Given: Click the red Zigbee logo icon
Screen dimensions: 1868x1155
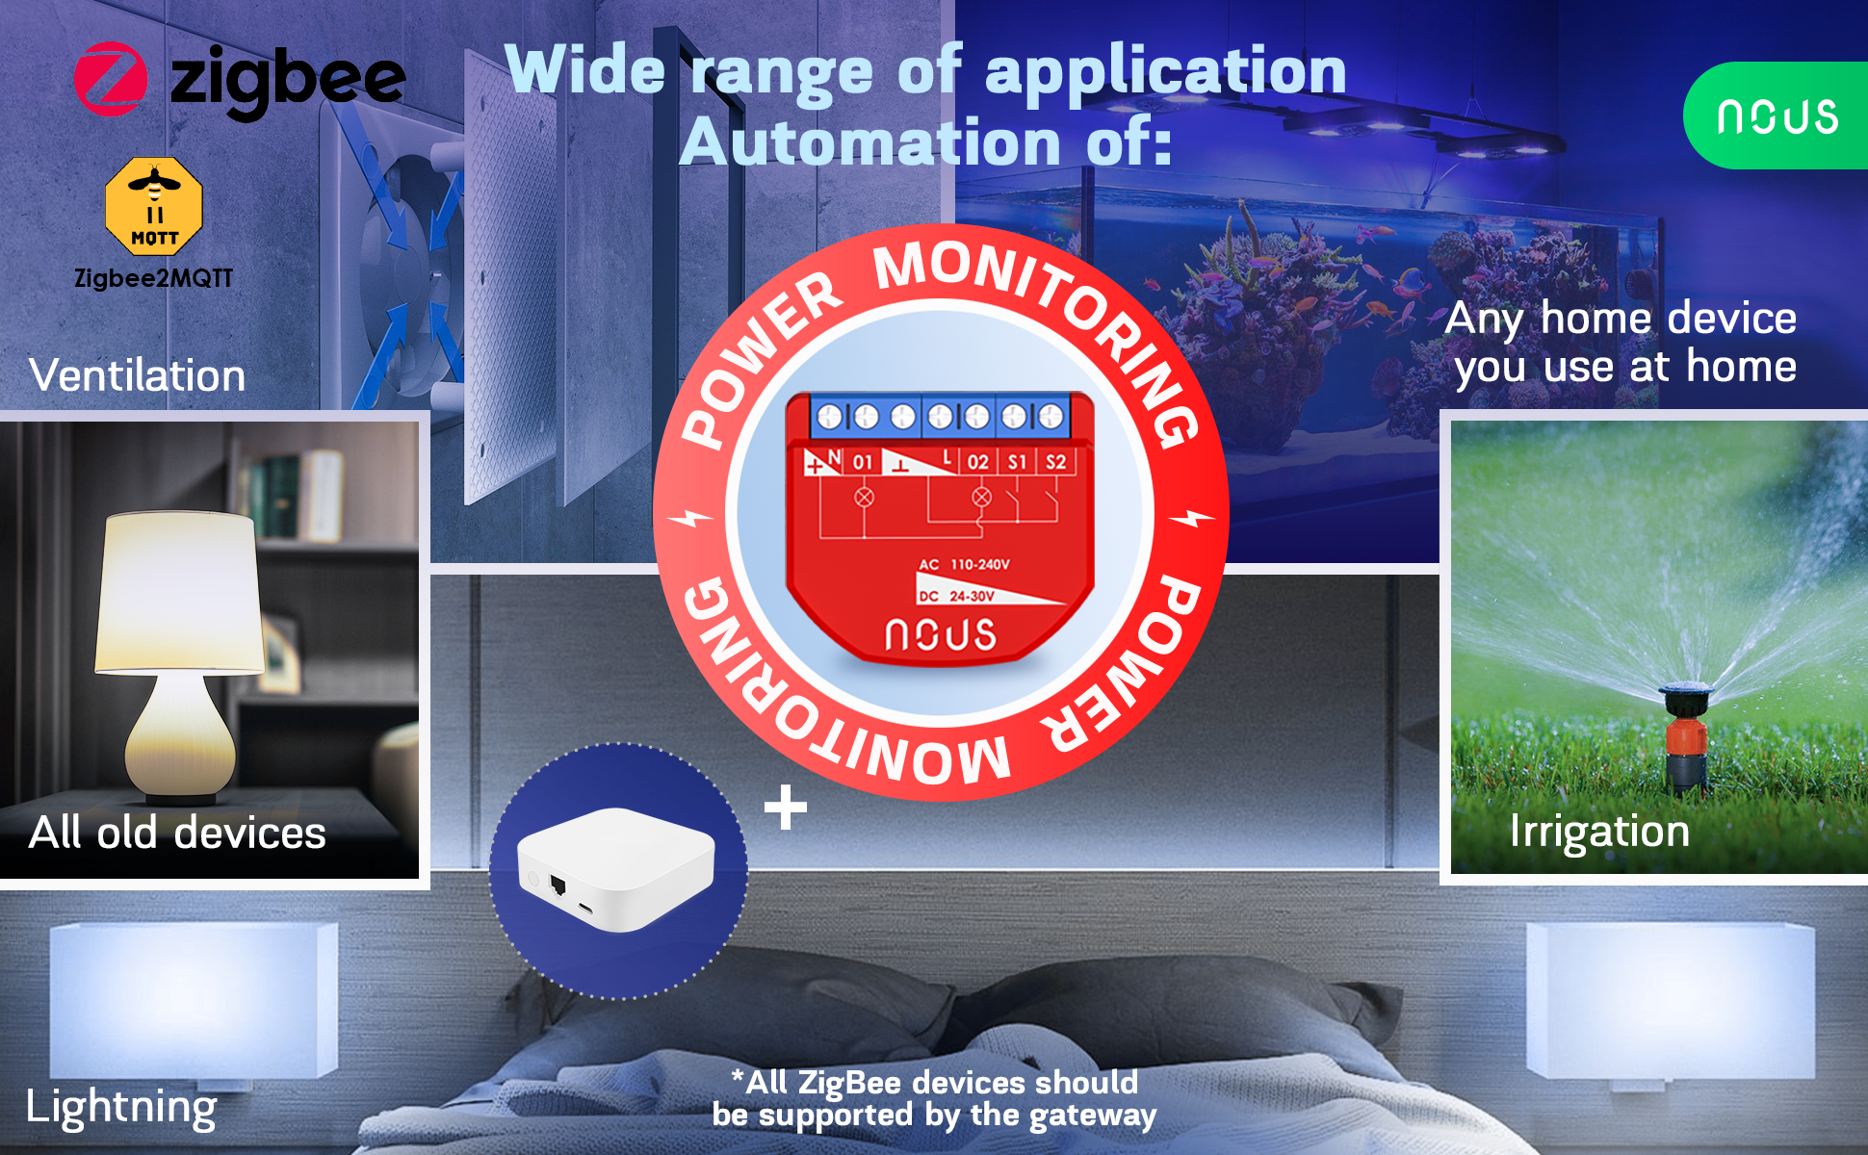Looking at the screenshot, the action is [x=111, y=79].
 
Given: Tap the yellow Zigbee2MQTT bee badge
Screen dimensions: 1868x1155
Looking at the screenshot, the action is [x=154, y=206].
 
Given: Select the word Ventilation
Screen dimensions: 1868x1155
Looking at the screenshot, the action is [x=138, y=374].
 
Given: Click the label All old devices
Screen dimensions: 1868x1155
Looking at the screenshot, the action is [x=177, y=833].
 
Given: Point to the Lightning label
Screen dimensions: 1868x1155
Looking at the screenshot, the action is [x=121, y=1107].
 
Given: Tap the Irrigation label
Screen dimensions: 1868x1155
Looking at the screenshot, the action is [x=1599, y=832].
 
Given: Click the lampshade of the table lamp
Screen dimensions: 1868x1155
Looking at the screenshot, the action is [x=180, y=592].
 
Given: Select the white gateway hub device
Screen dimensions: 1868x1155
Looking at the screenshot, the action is [x=616, y=869].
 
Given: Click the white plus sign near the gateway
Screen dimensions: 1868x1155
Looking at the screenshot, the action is [x=786, y=807].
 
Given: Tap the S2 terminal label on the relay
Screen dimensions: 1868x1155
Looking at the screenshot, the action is [x=1056, y=462].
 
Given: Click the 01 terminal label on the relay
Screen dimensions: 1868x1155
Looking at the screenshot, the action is [x=863, y=462].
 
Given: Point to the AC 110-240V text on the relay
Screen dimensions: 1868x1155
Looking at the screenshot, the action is [x=964, y=565].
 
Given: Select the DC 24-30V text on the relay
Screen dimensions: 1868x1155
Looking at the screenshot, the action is [x=956, y=597].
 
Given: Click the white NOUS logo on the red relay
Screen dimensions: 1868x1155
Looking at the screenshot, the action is [x=941, y=635].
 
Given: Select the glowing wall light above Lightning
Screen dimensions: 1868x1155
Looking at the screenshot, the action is [x=194, y=1001].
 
